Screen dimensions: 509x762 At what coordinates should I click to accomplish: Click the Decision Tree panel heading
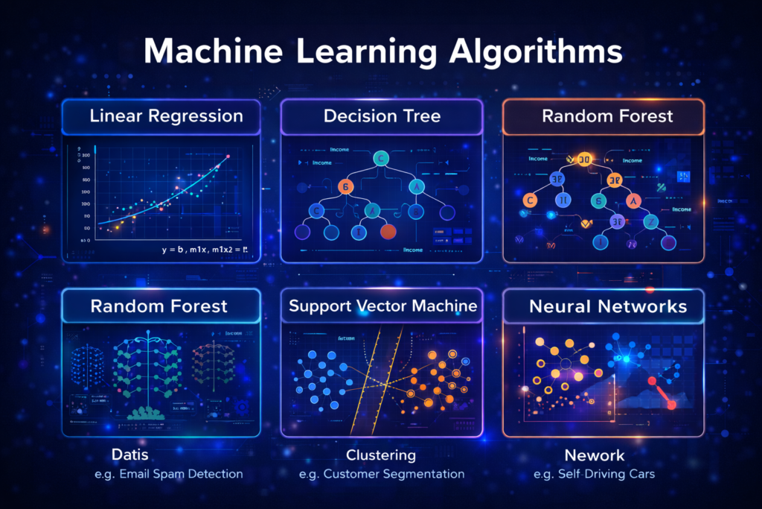pos(382,116)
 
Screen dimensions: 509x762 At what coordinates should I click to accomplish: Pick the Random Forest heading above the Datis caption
pos(159,306)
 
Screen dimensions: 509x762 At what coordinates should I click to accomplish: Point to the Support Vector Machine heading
pos(382,306)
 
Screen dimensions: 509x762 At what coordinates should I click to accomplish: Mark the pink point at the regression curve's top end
pos(228,157)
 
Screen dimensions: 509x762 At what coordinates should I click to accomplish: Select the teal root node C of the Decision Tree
pos(381,158)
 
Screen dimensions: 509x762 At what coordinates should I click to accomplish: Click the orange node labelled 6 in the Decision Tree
pos(345,186)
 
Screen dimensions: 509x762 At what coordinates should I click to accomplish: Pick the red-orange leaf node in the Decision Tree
pos(388,231)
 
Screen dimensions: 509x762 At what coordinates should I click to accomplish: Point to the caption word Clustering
pos(381,455)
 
